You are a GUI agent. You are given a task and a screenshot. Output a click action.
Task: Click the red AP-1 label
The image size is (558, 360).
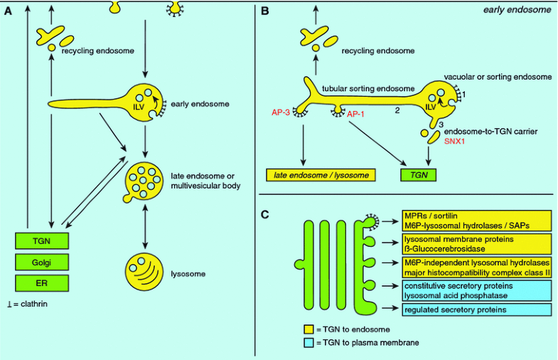(x=356, y=112)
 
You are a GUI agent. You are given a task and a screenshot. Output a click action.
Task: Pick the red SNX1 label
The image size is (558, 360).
(x=454, y=141)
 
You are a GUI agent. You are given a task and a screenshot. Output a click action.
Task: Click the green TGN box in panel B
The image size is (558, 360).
(x=417, y=174)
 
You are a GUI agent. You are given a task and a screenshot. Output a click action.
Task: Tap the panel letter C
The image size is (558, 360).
(x=265, y=212)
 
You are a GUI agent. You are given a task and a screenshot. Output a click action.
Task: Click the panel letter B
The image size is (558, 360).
(x=265, y=11)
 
